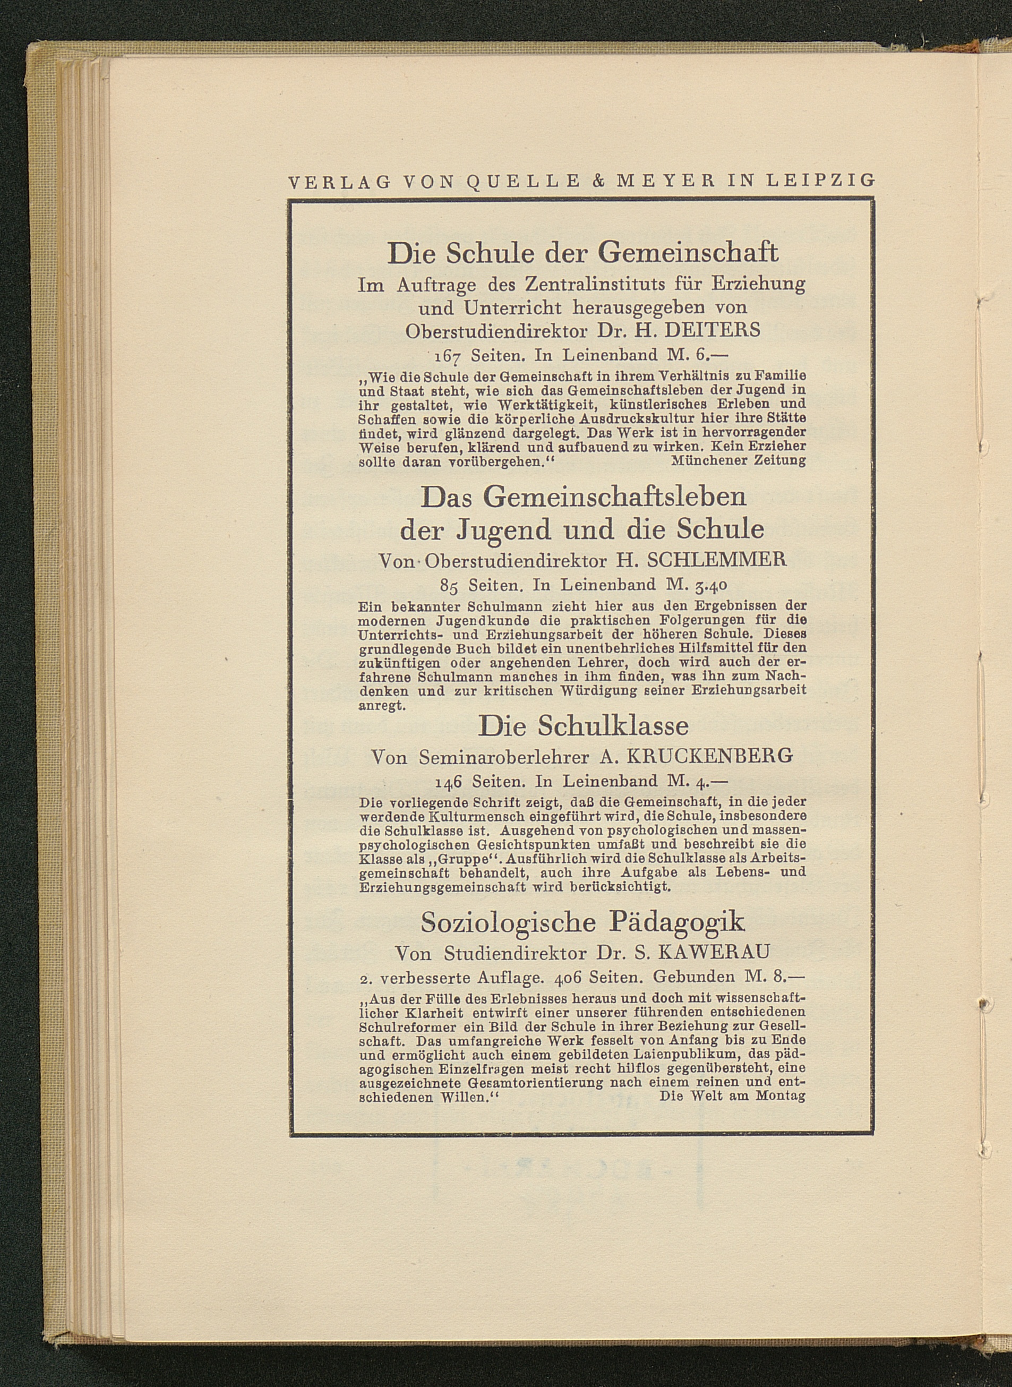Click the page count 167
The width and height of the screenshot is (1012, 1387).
449,355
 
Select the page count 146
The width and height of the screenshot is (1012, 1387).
449,782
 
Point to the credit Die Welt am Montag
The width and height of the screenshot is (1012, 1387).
732,1096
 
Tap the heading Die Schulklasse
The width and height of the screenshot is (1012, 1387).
582,726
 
